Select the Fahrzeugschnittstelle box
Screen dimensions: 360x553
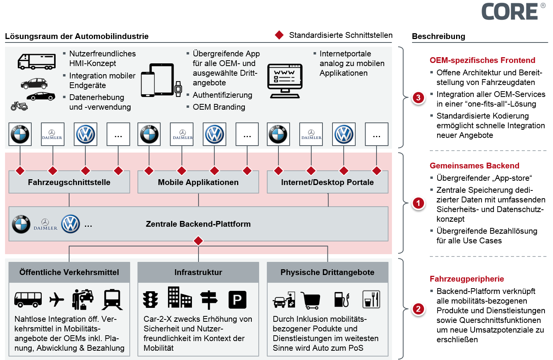click(x=69, y=182)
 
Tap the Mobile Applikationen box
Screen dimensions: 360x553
click(x=198, y=182)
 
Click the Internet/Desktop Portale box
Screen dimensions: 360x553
click(x=327, y=182)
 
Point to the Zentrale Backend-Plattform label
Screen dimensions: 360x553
click(x=198, y=224)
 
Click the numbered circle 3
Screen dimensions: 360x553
click(x=418, y=98)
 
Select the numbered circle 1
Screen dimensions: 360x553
click(x=418, y=203)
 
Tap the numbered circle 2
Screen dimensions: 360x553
click(x=418, y=309)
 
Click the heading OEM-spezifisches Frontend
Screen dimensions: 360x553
click(x=482, y=60)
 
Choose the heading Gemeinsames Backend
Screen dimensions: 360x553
click(x=474, y=166)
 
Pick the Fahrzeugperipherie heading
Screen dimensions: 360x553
click(x=466, y=279)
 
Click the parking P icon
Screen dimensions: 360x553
click(x=237, y=300)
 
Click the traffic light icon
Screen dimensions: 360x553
click(x=151, y=299)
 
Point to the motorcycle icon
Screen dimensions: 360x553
click(x=19, y=106)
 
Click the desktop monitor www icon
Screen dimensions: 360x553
click(x=285, y=81)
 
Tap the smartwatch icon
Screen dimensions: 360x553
click(x=178, y=89)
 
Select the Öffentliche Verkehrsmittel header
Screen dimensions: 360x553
click(x=69, y=272)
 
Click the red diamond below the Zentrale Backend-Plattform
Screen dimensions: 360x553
click(x=198, y=241)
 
